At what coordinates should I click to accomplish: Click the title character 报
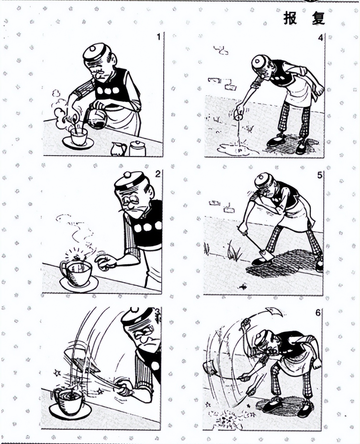tap(290, 18)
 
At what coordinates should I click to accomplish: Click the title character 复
tap(318, 18)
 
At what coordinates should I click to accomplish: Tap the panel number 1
tap(159, 37)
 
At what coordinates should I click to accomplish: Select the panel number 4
tap(320, 38)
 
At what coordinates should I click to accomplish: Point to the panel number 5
tap(319, 175)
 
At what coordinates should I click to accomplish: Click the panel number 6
tap(318, 313)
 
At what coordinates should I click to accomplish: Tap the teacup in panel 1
tap(79, 136)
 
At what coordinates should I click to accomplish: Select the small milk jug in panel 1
tap(119, 149)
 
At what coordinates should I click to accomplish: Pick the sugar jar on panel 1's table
tap(137, 148)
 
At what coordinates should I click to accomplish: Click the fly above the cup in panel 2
tap(78, 259)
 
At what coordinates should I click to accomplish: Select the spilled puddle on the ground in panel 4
tap(238, 150)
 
